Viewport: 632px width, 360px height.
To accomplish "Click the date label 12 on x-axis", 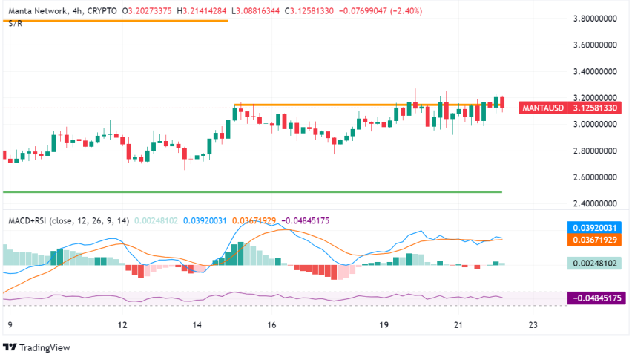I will (x=122, y=325).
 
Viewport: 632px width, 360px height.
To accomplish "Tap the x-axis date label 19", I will (x=384, y=325).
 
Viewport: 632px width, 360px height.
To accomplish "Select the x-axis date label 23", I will (x=533, y=325).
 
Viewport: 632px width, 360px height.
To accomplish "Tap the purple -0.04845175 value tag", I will (x=596, y=298).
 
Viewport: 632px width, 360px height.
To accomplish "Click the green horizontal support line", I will (x=252, y=192).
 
